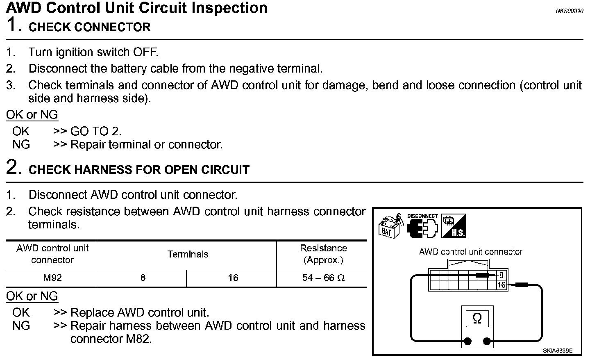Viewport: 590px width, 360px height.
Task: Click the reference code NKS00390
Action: (569, 11)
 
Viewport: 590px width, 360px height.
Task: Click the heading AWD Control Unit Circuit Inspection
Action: (137, 8)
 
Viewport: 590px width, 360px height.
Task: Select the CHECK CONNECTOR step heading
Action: (89, 27)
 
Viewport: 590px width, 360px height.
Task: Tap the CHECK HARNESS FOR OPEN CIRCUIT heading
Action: (139, 170)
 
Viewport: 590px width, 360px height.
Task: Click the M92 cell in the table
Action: (52, 278)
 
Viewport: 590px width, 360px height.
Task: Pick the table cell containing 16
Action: (233, 278)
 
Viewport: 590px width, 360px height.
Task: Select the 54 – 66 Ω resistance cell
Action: (323, 278)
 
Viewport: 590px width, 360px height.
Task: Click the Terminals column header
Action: (188, 255)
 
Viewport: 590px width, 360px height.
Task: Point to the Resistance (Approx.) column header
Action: (323, 254)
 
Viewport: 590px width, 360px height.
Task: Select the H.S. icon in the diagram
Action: (454, 226)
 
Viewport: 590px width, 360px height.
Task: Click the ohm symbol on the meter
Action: (477, 319)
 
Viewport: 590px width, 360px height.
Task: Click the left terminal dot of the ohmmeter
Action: (467, 341)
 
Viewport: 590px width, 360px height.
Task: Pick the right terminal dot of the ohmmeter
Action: (487, 341)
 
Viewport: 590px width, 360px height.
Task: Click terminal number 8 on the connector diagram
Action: (501, 276)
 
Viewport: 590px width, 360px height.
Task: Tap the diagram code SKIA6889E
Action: (558, 351)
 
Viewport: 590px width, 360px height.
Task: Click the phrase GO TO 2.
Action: (96, 131)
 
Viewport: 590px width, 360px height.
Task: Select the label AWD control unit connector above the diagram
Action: (470, 252)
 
